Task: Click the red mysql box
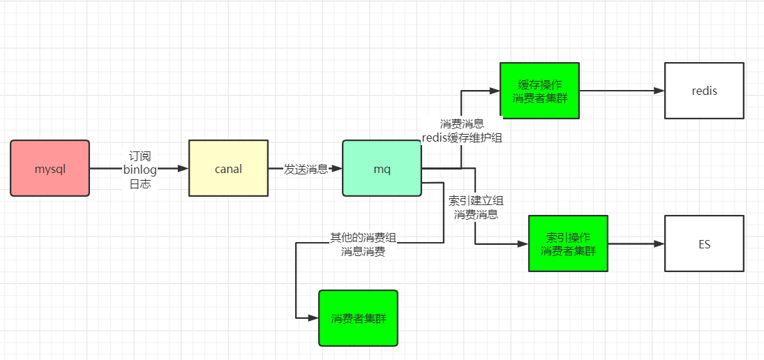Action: [x=50, y=168]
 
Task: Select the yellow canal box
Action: [x=228, y=168]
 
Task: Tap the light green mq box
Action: [x=382, y=168]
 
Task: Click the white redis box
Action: [x=704, y=91]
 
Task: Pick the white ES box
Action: [x=704, y=243]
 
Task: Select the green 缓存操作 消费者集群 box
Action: [x=539, y=91]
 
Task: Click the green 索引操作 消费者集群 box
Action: [x=568, y=243]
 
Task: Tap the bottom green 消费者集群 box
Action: [x=358, y=318]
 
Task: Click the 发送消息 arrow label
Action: [x=305, y=169]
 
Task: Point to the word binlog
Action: [x=140, y=169]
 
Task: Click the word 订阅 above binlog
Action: [x=140, y=156]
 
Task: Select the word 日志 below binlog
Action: [x=140, y=183]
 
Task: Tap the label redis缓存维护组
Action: [x=462, y=137]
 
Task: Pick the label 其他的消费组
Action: [x=363, y=238]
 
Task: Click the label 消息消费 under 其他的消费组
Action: [x=363, y=252]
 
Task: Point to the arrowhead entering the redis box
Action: [x=659, y=91]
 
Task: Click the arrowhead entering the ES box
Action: [x=659, y=243]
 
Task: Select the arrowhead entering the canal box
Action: [x=183, y=168]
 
